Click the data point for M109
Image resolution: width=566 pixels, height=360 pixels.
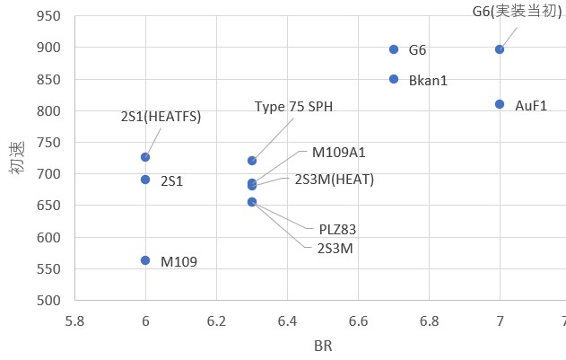tap(145, 260)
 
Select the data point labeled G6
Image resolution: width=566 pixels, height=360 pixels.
tap(394, 49)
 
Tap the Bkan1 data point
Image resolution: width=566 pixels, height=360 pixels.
tap(394, 79)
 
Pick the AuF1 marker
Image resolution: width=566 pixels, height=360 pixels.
tap(500, 104)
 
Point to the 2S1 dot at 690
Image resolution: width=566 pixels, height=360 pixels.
tap(145, 180)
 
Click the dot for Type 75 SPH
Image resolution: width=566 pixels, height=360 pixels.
tap(252, 161)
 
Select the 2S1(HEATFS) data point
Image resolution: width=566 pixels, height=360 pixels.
tap(145, 157)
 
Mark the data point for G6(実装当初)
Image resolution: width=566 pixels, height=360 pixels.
tap(500, 49)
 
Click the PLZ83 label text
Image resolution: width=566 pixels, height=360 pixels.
tap(337, 229)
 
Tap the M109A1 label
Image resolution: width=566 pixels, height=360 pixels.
tap(338, 153)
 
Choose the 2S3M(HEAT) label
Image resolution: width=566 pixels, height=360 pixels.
tap(334, 179)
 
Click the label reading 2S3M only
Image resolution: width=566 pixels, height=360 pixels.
tap(335, 247)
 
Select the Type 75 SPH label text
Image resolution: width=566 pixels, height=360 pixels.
tap(293, 107)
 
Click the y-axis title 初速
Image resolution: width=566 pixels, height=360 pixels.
tap(17, 158)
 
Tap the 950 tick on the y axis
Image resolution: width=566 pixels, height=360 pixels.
tap(49, 16)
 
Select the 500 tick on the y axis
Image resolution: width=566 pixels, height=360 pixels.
tap(49, 301)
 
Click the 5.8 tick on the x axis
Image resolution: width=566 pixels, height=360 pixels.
tap(74, 320)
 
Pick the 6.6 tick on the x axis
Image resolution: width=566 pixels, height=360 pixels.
tap(358, 320)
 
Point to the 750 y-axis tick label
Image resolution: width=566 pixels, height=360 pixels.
tap(49, 143)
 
